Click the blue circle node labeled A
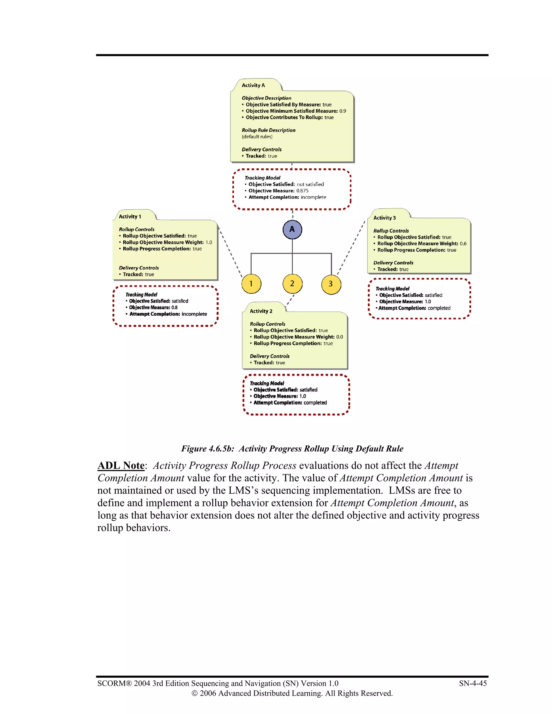point(292,230)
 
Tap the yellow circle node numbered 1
point(251,284)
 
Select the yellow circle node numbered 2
point(292,284)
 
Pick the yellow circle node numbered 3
point(331,284)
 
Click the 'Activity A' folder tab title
point(253,85)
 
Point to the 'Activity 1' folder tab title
point(130,216)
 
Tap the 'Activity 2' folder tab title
point(261,311)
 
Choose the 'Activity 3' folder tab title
point(384,218)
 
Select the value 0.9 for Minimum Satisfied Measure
point(342,111)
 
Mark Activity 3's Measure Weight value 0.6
point(463,244)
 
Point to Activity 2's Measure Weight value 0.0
point(339,337)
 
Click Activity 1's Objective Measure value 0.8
point(174,308)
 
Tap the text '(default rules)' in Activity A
point(257,137)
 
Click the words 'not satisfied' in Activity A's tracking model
point(310,184)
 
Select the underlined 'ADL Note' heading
point(121,466)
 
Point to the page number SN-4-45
point(472,683)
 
